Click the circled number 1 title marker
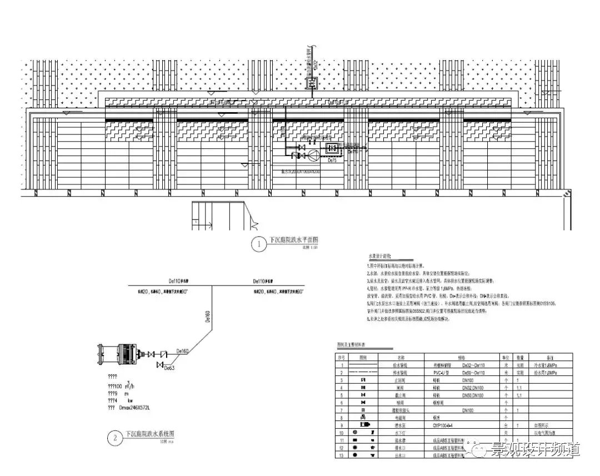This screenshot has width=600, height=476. pos(259,244)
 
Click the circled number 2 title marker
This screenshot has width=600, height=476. pos(116,438)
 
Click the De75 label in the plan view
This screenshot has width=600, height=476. pos(333,160)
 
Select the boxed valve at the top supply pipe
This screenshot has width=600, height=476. pos(312,83)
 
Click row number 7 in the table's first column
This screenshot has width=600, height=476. pos(342,410)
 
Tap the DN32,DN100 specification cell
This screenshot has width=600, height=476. pos(470,388)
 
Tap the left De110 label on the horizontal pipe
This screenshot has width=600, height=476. pos(179,281)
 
